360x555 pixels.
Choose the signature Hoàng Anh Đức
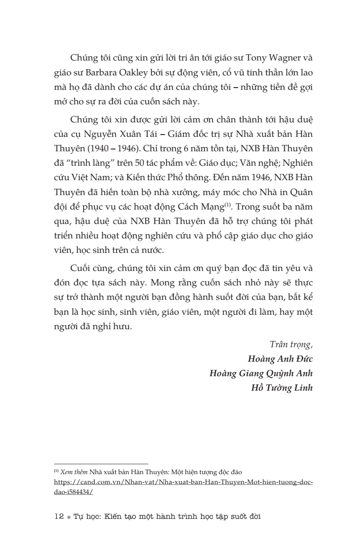point(280,359)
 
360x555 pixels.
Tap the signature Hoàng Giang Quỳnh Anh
point(261,373)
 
